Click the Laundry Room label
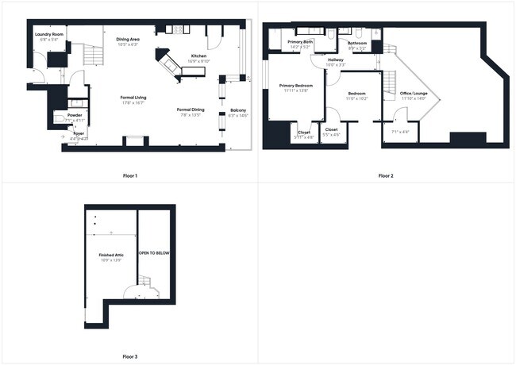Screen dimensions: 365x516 click(x=48, y=34)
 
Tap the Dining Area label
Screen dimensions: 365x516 click(x=128, y=39)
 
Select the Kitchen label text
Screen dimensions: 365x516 click(x=198, y=56)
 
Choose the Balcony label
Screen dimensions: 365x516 click(x=238, y=110)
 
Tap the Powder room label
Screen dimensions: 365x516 click(x=74, y=115)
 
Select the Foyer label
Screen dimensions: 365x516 click(x=79, y=133)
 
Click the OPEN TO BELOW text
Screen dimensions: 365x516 click(x=154, y=253)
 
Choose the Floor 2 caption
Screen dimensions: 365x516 click(x=386, y=175)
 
